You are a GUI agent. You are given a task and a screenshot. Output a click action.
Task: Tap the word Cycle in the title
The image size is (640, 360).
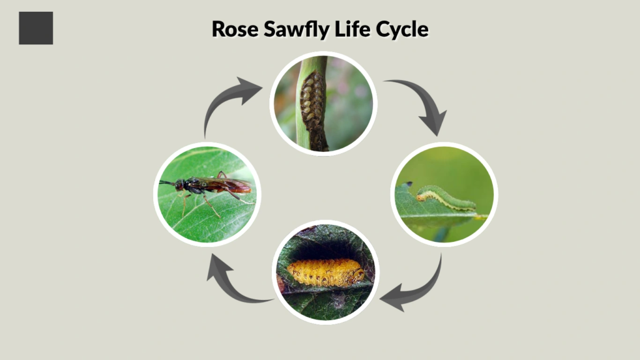[404, 29]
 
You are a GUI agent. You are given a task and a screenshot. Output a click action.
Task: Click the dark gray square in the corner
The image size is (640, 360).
[36, 28]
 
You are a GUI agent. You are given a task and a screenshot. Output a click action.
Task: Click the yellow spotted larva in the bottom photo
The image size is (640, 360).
[325, 272]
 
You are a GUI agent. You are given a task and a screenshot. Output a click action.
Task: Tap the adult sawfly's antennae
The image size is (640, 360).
[167, 183]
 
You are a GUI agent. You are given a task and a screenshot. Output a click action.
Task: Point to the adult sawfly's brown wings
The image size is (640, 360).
[228, 185]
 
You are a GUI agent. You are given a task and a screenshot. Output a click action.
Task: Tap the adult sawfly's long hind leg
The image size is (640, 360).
[241, 198]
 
